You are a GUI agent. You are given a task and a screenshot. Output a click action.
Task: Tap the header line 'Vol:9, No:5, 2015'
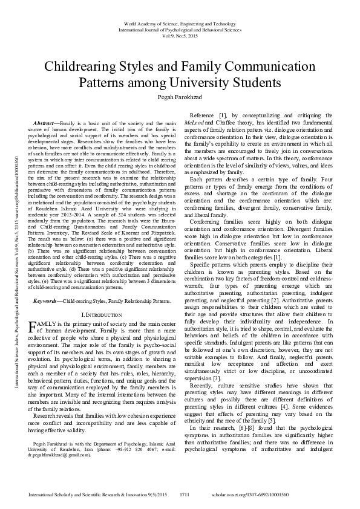click(x=180, y=35)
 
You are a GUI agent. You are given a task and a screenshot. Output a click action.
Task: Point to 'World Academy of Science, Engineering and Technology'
click(x=180, y=23)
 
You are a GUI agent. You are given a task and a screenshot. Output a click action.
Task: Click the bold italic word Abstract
click(x=45, y=123)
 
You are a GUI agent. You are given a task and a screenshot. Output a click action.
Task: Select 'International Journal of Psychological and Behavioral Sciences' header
click(x=180, y=29)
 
